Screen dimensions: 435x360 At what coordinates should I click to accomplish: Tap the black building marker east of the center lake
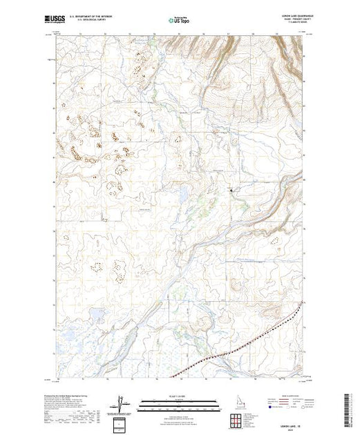(231, 189)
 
